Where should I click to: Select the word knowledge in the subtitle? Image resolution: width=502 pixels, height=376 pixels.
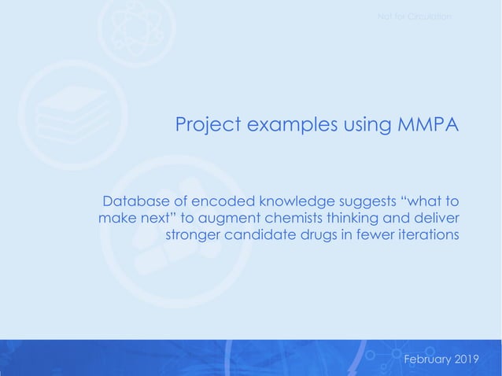pos(282,201)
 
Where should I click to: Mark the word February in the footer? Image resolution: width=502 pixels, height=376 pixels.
pos(427,359)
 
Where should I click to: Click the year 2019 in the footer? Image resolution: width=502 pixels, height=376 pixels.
pos(467,359)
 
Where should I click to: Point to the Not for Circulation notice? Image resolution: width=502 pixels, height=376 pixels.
pos(414,17)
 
